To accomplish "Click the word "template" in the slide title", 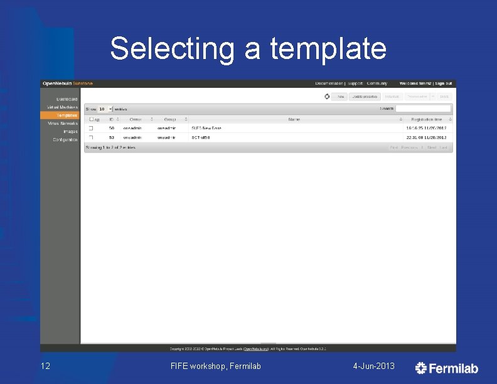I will (x=328, y=49).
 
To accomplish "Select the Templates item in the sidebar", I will (x=67, y=115).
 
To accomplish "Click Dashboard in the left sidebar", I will (x=67, y=99).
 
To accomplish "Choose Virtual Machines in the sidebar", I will (x=63, y=107).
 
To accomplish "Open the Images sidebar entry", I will (x=70, y=131).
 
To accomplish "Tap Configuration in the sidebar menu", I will (x=65, y=139).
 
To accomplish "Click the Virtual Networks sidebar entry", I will (x=63, y=124).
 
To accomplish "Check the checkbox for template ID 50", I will (x=90, y=128).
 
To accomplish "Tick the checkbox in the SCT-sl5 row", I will (x=90, y=137).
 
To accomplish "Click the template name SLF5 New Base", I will (x=206, y=128).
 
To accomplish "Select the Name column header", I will (x=294, y=119).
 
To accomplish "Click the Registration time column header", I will (x=426, y=119).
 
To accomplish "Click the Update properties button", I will (x=364, y=97).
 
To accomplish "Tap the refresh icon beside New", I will (x=327, y=97).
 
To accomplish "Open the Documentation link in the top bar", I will (x=329, y=83).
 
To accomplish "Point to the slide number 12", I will (x=45, y=366).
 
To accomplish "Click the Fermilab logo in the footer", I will (x=447, y=368).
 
